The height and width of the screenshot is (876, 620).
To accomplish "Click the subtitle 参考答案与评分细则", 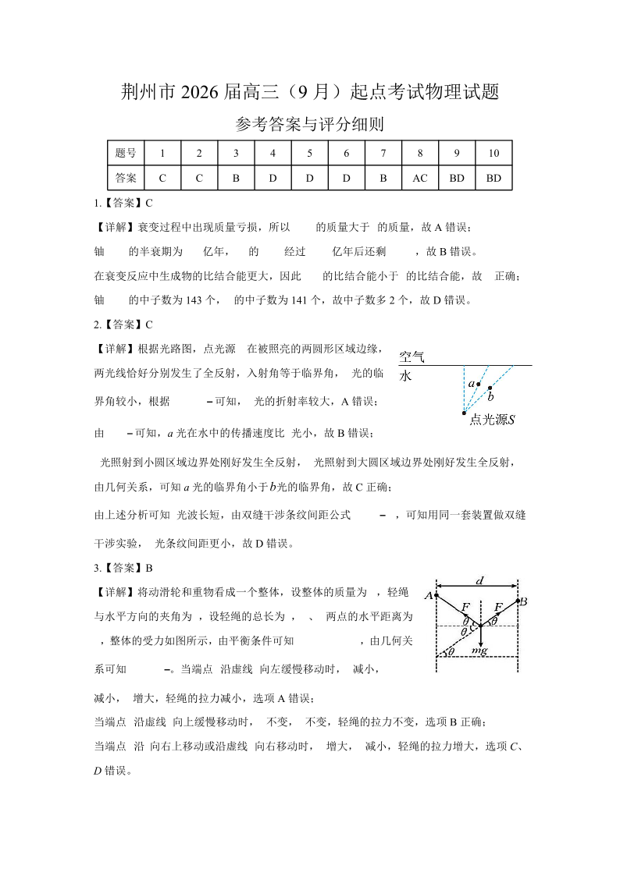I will coord(309,125).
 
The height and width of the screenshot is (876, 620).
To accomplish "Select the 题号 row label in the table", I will coord(125,154).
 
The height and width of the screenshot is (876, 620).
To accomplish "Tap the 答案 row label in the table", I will coord(125,178).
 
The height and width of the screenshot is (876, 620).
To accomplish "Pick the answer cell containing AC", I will coord(420,178).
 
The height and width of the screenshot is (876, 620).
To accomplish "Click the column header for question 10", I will coord(494,154).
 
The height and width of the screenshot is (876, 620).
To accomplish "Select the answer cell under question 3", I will coord(236,178).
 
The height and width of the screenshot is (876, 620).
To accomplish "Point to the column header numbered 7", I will coord(383,154).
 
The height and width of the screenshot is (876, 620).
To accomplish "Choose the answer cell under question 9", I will coord(457,178).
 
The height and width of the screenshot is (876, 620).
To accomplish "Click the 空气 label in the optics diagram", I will coord(412,356).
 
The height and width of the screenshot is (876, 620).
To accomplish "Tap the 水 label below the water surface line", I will coord(405,375).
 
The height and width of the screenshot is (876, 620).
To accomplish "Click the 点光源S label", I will coord(492,420).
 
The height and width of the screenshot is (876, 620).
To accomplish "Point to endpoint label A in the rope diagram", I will coord(429,597).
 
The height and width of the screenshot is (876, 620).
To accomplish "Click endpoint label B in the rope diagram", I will coord(524,601).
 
